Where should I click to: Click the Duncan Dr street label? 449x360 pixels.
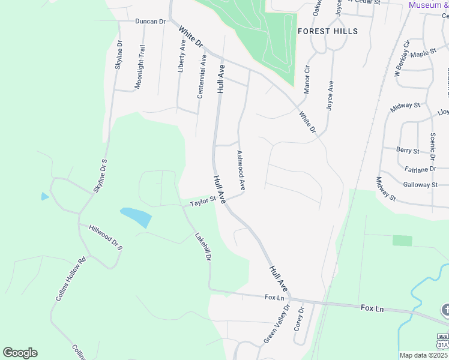pos(150,21)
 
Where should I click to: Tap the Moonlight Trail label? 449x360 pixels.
pos(139,67)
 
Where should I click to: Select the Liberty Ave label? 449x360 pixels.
pos(182,56)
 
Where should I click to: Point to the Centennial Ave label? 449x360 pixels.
pos(202,76)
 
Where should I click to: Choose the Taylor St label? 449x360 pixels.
pos(203,202)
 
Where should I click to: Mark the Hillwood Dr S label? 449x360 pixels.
pos(105,238)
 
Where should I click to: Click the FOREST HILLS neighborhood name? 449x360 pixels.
pos(328,31)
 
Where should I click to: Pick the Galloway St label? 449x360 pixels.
pos(420,185)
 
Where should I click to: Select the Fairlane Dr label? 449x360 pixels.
pos(420,169)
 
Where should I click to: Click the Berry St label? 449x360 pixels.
pos(408,149)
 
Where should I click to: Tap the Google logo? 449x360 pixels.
pos(20,353)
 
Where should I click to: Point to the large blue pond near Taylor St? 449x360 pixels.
pos(136,216)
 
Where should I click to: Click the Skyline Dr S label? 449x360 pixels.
pos(100,176)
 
